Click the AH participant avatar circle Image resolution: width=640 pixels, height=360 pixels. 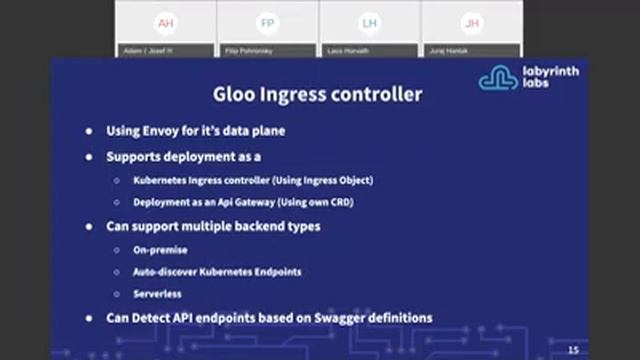point(165,23)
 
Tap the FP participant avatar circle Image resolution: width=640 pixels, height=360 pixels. point(267,23)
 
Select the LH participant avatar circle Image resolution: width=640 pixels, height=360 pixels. point(370,23)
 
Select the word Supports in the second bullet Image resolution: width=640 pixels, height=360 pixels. point(138,157)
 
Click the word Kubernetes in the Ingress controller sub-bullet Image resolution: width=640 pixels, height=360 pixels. point(166,180)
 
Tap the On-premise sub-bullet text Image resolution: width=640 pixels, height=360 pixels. point(160,250)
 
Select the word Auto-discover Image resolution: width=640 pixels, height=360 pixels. point(167,272)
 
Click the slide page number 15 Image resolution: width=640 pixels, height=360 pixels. point(573,349)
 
